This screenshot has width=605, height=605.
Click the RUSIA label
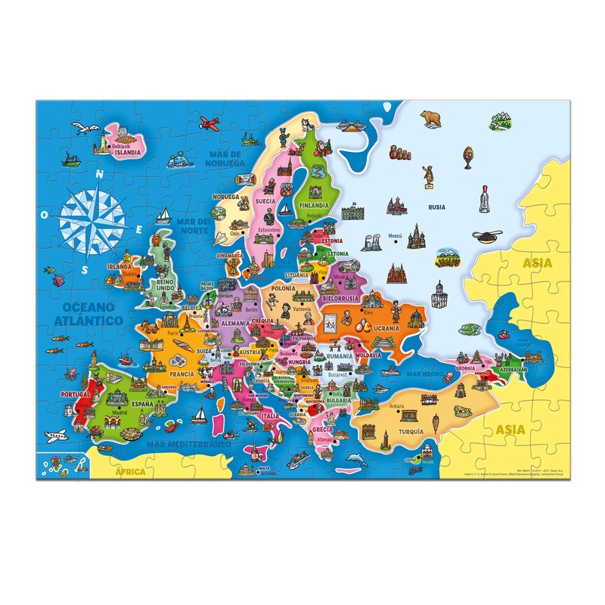pos(436,206)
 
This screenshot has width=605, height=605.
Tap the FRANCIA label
pos(181,374)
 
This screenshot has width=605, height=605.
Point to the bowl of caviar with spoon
pos(486,235)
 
